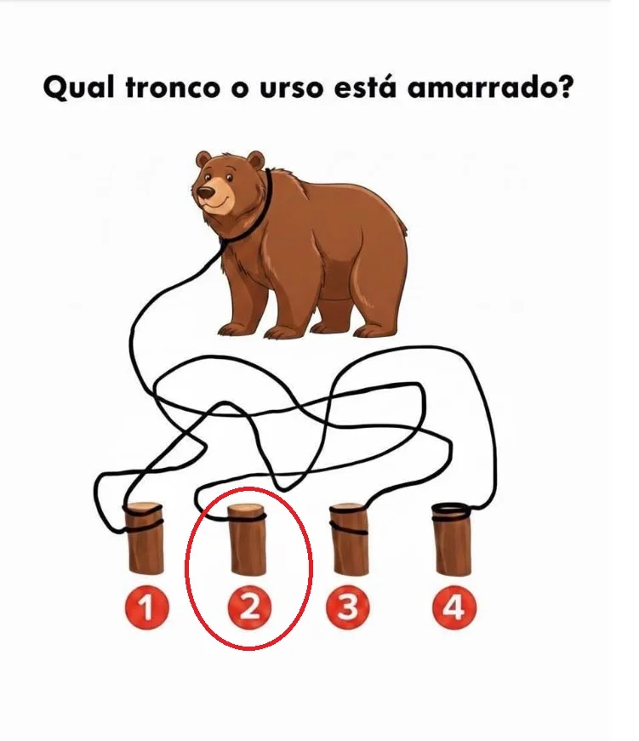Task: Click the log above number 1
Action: pyautogui.click(x=145, y=539)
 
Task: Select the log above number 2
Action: pyautogui.click(x=247, y=539)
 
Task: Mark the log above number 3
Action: pyautogui.click(x=348, y=539)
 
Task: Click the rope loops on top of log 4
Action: pyautogui.click(x=451, y=512)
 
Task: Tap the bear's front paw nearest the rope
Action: pyautogui.click(x=236, y=328)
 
